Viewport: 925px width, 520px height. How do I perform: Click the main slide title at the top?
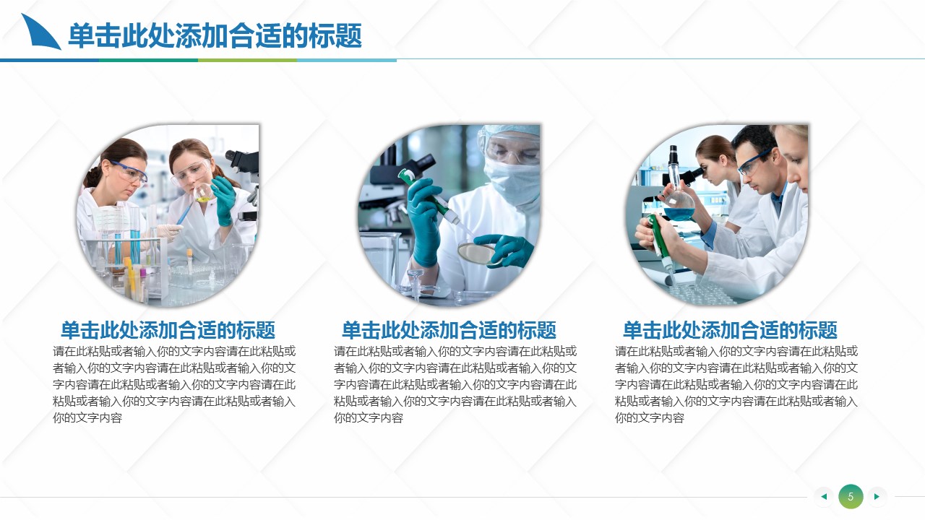click(215, 36)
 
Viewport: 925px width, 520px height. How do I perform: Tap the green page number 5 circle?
click(851, 496)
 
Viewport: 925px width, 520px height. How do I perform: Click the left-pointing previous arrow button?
click(824, 496)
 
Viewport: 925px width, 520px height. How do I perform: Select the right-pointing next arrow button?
click(877, 496)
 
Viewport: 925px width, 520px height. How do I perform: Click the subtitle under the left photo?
click(168, 330)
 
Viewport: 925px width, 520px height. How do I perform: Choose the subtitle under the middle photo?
click(449, 330)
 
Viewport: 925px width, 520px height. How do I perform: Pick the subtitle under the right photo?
click(730, 330)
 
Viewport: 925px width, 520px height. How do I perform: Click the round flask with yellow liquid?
click(204, 192)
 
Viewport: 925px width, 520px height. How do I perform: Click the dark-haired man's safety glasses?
click(754, 163)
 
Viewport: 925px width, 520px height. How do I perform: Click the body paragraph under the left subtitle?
click(174, 384)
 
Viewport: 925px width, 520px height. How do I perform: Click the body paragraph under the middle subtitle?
click(455, 384)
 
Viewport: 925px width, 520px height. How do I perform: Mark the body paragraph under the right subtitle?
click(736, 384)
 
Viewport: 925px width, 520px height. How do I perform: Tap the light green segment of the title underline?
click(247, 60)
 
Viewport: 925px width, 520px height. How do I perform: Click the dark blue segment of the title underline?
click(50, 60)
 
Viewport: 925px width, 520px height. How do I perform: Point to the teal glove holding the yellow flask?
click(224, 201)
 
